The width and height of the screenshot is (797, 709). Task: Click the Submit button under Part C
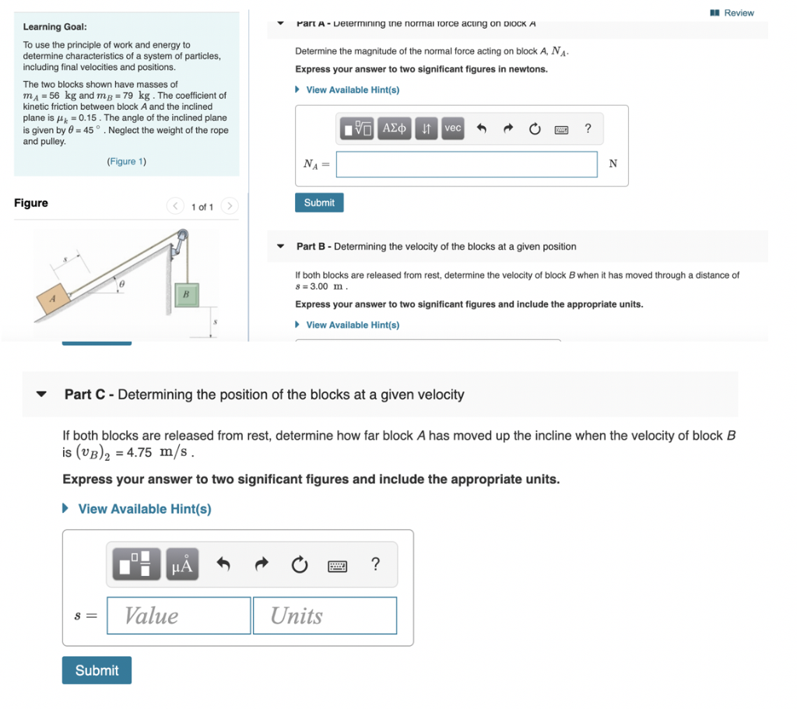[x=97, y=670]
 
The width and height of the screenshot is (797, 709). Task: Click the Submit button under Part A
[x=319, y=202]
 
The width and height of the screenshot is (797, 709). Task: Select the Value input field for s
[x=179, y=616]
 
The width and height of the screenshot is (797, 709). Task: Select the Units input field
[x=325, y=616]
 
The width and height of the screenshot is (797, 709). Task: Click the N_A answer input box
[x=467, y=164]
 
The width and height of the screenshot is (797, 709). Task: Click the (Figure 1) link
[x=126, y=162]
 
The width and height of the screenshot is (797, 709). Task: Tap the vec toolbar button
[x=452, y=128]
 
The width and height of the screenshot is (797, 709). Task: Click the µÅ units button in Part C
[x=181, y=564]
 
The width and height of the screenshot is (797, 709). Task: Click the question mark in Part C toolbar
[x=375, y=564]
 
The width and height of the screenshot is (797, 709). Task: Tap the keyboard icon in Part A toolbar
[x=561, y=129]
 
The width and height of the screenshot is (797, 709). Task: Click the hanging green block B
[x=185, y=296]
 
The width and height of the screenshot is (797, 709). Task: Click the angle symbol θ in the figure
[x=121, y=286]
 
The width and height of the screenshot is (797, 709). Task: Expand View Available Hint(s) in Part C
[x=144, y=509]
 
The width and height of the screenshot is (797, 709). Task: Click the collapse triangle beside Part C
[x=42, y=395]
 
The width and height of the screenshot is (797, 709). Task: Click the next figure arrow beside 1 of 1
[x=229, y=206]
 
